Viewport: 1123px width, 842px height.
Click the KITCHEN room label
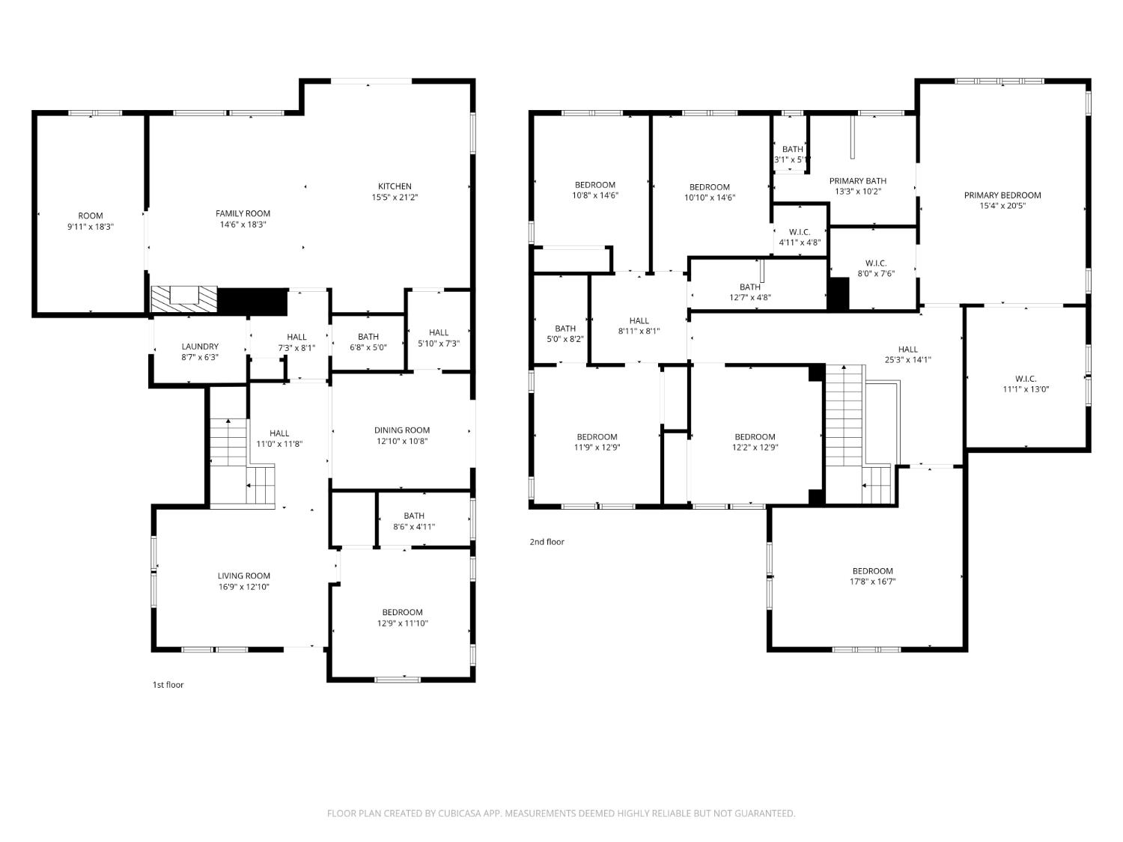pyautogui.click(x=395, y=186)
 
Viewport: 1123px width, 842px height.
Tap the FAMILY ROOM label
pyautogui.click(x=243, y=214)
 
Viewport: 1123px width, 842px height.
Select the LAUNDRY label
pyautogui.click(x=200, y=347)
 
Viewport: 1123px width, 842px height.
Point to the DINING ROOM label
pyautogui.click(x=401, y=430)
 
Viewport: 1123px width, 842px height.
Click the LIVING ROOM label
pyautogui.click(x=243, y=576)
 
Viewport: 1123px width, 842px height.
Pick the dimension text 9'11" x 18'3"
pyautogui.click(x=90, y=227)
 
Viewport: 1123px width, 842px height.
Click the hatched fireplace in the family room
pyautogui.click(x=184, y=299)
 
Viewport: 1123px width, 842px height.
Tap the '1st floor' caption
pyautogui.click(x=168, y=685)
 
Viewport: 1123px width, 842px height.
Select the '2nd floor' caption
pyautogui.click(x=547, y=542)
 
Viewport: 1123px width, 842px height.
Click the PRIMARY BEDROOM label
pyautogui.click(x=1002, y=195)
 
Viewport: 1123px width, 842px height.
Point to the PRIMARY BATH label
pyautogui.click(x=857, y=181)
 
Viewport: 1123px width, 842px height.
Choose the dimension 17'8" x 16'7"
pyautogui.click(x=872, y=582)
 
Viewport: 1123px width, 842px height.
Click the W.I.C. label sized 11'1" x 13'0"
pyautogui.click(x=1025, y=379)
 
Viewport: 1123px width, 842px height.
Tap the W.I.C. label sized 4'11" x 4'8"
pyautogui.click(x=799, y=232)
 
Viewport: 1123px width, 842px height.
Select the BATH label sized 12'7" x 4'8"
pyautogui.click(x=749, y=287)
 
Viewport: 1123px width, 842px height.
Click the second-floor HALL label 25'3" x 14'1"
pyautogui.click(x=907, y=350)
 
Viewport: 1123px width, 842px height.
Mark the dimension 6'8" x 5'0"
pyautogui.click(x=368, y=347)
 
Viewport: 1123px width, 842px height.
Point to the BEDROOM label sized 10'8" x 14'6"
pyautogui.click(x=594, y=185)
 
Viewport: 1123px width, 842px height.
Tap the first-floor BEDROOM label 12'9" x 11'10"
pyautogui.click(x=402, y=612)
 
